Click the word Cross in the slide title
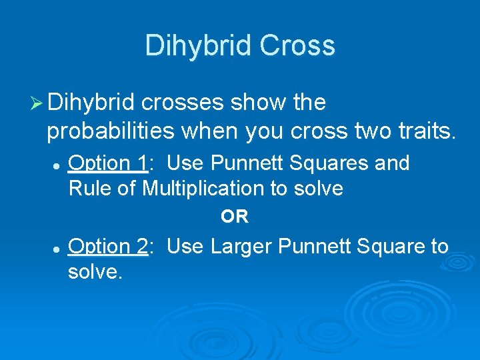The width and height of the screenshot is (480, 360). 297,46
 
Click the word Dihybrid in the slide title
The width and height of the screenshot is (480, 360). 198,46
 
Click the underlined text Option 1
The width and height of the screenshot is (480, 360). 109,163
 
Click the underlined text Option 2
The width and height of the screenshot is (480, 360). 109,247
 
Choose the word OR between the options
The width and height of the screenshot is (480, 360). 235,217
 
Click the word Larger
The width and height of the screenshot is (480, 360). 243,247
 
